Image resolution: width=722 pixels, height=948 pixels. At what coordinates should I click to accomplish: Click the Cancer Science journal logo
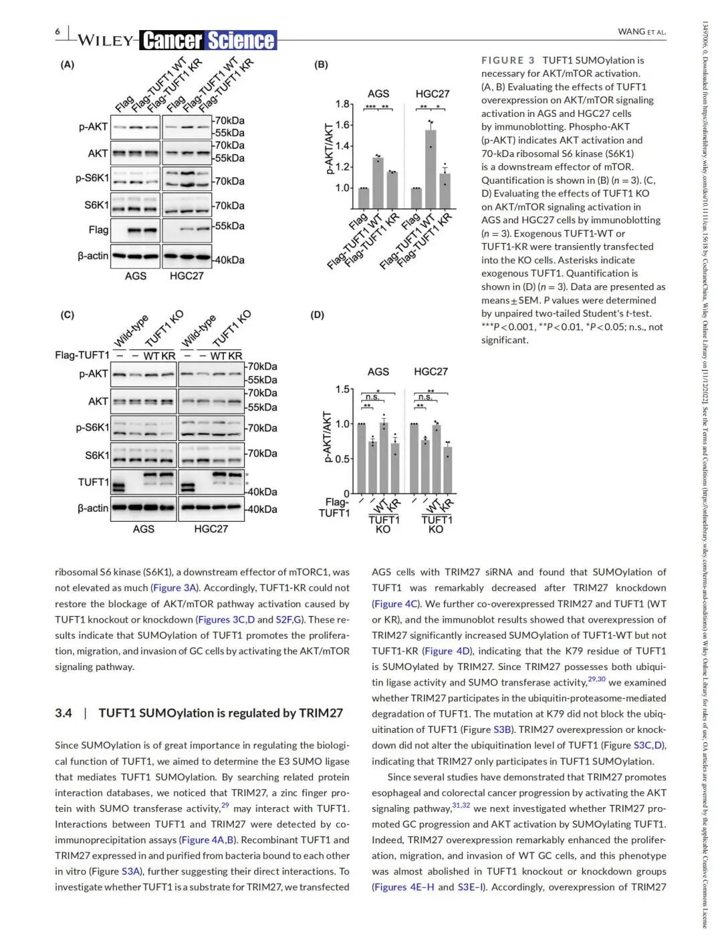209,41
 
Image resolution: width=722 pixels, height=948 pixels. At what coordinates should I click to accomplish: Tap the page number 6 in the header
57,31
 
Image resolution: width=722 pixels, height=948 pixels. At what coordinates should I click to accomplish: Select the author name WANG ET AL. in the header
642,31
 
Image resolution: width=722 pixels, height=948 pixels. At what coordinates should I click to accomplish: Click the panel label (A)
68,65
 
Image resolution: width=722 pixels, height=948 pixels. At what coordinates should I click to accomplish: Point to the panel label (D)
318,315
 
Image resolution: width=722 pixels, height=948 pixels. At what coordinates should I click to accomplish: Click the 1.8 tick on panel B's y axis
342,104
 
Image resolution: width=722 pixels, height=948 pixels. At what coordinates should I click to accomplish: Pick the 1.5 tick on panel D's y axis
343,389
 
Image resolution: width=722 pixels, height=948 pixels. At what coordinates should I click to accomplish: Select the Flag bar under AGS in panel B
364,198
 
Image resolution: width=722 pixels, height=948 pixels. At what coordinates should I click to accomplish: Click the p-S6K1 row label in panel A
92,178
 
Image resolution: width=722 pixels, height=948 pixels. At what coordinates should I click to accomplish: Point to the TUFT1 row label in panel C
93,482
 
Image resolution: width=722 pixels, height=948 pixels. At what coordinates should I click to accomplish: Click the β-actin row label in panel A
92,256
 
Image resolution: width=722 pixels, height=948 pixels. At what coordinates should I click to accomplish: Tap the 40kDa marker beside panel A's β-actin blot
229,260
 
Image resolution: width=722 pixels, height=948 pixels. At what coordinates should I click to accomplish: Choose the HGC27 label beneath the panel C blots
211,529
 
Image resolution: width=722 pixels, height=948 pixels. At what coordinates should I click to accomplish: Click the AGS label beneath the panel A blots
136,276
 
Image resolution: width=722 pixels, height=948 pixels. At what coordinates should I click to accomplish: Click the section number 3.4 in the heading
64,713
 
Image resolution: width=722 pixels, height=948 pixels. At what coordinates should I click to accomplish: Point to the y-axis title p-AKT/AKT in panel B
330,149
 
